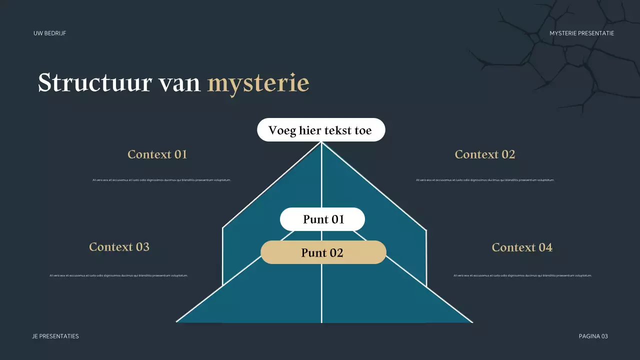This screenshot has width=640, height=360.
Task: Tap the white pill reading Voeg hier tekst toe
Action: click(321, 130)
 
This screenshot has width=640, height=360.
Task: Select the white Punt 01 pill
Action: click(322, 219)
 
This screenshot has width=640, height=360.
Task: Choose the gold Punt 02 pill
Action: click(323, 252)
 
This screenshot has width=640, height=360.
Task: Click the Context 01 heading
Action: click(157, 154)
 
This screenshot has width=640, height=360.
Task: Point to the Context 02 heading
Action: click(484, 154)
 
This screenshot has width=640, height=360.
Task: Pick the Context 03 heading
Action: click(119, 246)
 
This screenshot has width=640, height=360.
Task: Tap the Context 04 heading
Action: click(522, 247)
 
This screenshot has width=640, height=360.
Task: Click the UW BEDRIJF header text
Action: click(49, 33)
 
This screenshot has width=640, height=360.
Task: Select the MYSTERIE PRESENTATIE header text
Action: click(581, 33)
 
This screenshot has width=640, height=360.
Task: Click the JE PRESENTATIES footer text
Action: click(55, 336)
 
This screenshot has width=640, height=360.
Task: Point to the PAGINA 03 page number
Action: click(593, 336)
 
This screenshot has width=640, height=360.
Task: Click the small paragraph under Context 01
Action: click(161, 180)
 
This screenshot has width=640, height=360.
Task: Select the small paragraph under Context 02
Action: click(485, 180)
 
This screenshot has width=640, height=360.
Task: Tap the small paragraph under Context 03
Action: click(119, 275)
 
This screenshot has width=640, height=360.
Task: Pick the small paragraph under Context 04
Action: click(522, 275)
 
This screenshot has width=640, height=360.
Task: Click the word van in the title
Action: click(179, 83)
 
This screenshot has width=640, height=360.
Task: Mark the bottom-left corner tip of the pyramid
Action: click(177, 322)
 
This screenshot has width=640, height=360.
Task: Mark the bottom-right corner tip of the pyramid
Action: click(472, 322)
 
